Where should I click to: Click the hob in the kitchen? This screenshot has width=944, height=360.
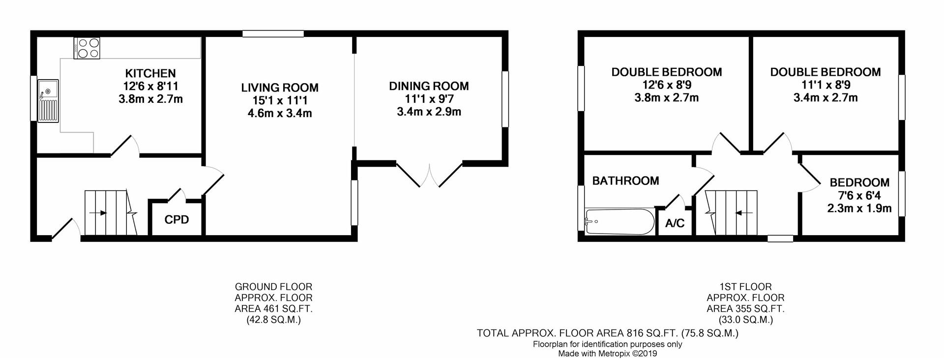point(87,48)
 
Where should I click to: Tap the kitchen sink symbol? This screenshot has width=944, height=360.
point(49,100)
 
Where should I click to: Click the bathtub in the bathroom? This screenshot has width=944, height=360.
point(619,222)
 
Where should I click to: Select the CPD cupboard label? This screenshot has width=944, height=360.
point(177,220)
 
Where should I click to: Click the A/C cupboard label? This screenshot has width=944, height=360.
point(675,224)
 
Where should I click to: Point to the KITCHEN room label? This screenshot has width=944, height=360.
point(150,73)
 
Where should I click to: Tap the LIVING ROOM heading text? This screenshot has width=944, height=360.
point(279,88)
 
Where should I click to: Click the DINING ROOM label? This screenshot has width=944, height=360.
point(429,86)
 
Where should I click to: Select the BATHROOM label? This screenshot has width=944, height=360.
point(625,181)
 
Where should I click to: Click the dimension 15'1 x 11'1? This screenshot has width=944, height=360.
point(279,101)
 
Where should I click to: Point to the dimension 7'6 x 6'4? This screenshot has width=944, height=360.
point(859,195)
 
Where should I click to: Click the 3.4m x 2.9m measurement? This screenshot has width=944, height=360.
point(429,112)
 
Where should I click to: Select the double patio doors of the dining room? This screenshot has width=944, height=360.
point(429,175)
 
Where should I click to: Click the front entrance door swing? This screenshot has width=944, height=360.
point(65,229)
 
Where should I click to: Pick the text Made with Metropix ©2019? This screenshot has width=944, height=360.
point(607,354)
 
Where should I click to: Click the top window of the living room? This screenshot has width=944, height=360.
point(273,33)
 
